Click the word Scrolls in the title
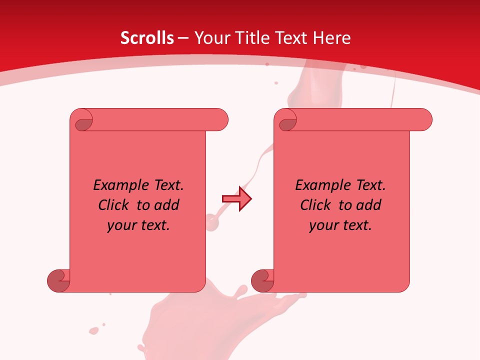[x=147, y=38]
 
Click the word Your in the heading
[x=210, y=38]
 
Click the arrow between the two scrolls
[x=236, y=199]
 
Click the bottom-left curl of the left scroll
[x=58, y=280]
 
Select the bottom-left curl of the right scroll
[x=262, y=280]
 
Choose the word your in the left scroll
[x=121, y=226]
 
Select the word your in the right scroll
[x=323, y=226]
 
